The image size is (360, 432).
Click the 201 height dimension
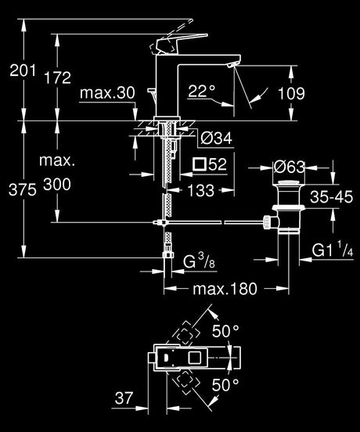[x=23, y=70]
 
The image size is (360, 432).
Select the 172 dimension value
[x=58, y=77]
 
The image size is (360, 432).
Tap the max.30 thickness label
[x=107, y=93]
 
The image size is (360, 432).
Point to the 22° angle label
[x=201, y=91]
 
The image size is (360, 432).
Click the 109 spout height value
[x=291, y=93]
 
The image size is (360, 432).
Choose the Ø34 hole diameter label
[x=217, y=138]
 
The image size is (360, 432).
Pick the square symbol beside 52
[x=199, y=164]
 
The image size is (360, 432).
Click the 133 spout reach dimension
[x=201, y=190]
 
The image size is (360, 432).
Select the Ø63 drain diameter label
[x=290, y=167]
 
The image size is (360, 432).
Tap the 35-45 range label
[x=331, y=196]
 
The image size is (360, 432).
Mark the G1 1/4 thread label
[x=333, y=250]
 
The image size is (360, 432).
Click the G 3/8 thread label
[x=199, y=261]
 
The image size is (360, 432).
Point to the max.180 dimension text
[x=225, y=289]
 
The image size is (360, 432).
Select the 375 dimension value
[x=23, y=190]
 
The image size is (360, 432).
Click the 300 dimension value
[x=57, y=185]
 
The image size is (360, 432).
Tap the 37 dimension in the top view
[x=124, y=398]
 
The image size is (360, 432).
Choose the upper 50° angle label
[x=226, y=330]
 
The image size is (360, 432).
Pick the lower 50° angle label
[x=226, y=384]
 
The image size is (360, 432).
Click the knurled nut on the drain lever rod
[x=267, y=222]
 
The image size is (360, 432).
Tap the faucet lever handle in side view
[x=179, y=44]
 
